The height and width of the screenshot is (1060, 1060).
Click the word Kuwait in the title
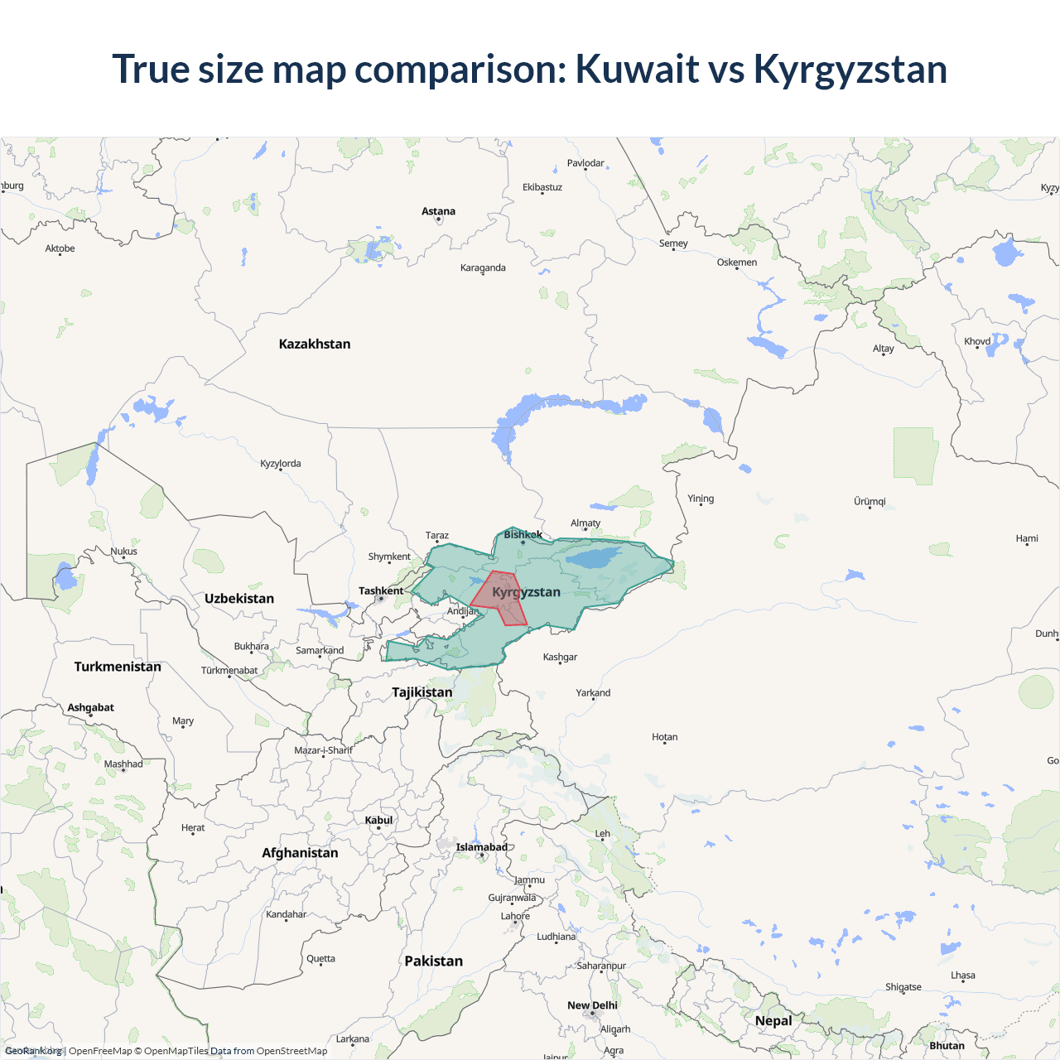637,69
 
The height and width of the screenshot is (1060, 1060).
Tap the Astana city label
438,211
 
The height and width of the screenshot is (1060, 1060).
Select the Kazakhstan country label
315,344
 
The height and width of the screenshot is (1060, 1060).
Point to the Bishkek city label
523,534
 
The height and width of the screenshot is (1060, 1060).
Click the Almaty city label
585,523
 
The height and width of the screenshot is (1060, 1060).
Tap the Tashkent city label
381,590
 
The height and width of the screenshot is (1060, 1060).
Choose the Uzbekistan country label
239,598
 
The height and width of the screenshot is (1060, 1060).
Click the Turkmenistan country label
118,667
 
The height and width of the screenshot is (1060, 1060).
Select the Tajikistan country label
422,691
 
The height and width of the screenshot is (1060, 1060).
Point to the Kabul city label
379,820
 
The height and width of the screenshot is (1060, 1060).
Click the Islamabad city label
482,846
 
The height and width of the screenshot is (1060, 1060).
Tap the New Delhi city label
592,1005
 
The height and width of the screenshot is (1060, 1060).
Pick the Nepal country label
773,1020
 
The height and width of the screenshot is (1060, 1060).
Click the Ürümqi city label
870,501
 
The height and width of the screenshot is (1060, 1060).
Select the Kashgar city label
560,657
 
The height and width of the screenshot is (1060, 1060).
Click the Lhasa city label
962,975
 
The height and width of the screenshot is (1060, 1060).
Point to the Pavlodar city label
585,163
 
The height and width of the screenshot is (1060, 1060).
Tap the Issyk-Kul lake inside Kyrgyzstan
592,556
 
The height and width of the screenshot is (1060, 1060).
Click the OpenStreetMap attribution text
291,1051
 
